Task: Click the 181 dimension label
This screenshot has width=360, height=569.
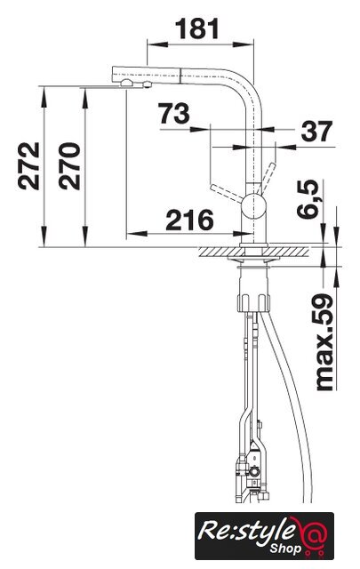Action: (198, 28)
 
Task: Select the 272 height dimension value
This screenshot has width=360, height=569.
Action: (28, 166)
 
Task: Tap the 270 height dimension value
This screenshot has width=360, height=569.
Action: (69, 166)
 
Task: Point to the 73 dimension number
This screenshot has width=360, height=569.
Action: (174, 113)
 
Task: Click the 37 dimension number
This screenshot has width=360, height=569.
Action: (316, 131)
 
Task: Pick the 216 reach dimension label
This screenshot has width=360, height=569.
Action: (189, 220)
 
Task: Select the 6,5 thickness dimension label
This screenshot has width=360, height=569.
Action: (308, 199)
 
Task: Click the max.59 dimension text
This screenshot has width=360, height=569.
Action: (324, 342)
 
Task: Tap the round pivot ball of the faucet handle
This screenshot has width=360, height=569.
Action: (254, 205)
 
